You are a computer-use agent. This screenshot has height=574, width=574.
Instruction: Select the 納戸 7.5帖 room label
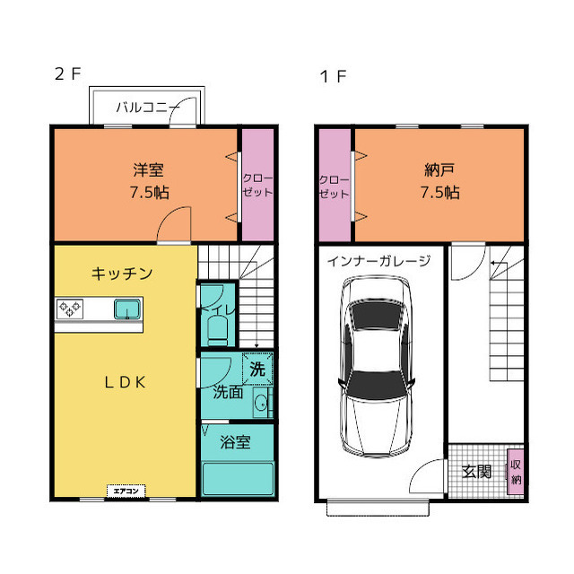pos(440,180)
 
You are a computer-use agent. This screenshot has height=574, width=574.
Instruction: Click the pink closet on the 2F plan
pos(257,185)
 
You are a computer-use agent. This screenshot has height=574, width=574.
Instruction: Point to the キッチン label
pos(121,273)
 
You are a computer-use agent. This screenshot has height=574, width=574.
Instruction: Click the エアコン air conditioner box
pos(126,491)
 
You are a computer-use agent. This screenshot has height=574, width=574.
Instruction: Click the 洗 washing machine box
pos(257,369)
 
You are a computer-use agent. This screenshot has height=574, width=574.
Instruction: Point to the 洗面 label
pos(227,392)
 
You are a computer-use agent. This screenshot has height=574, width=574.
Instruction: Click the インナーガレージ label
pos(378,262)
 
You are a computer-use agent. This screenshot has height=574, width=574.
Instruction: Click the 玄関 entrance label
pos(476,470)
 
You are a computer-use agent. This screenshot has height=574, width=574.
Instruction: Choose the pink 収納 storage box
pos(516,472)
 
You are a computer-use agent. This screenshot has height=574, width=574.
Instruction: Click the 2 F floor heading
pos(67,74)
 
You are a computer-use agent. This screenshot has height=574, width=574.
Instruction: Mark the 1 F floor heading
pos(333,75)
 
